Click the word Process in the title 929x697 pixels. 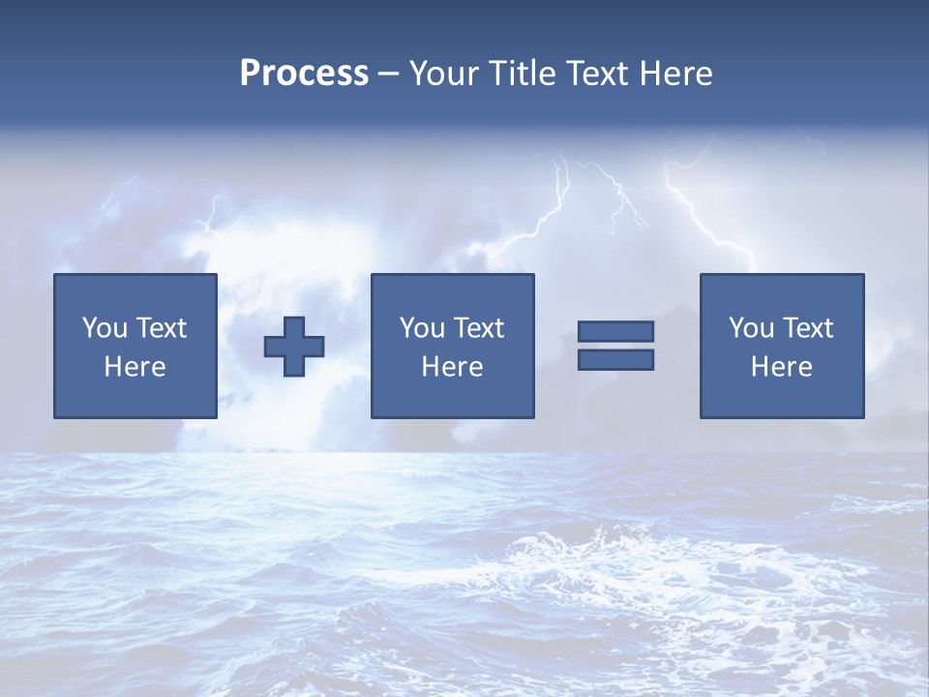(x=304, y=74)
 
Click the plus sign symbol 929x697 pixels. (x=294, y=347)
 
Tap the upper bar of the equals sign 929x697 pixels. (x=615, y=332)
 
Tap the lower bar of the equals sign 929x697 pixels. (x=615, y=359)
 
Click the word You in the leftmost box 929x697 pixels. (x=105, y=328)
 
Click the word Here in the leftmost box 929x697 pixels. (x=135, y=367)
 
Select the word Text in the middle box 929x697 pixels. (x=478, y=328)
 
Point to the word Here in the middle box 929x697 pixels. (x=452, y=367)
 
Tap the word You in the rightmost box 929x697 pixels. (x=751, y=328)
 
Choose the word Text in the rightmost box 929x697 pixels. (x=807, y=328)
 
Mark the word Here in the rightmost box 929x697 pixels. (x=781, y=367)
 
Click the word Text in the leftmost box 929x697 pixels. (x=161, y=328)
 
